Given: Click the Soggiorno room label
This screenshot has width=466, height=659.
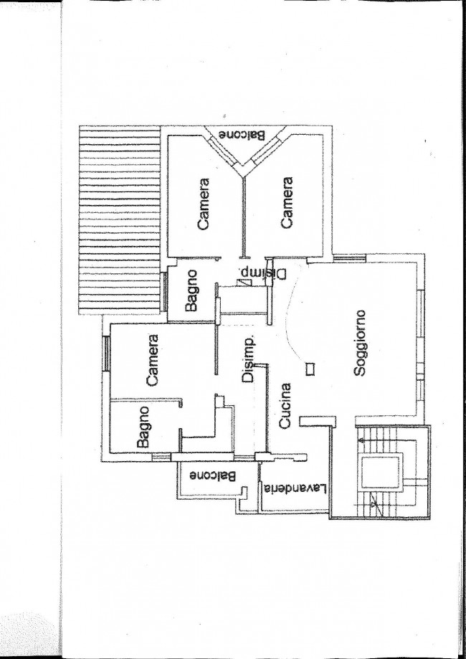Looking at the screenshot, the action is tap(360, 343).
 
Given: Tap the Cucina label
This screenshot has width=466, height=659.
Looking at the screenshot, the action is tap(285, 405).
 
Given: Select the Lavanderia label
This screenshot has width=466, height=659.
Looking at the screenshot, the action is tap(295, 488).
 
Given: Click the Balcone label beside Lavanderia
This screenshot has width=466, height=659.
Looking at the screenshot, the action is tap(212, 476).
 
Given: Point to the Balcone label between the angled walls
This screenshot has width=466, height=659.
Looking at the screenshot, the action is tap(242, 135).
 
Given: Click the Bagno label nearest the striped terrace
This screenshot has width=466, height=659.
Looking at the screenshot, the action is tap(191, 291).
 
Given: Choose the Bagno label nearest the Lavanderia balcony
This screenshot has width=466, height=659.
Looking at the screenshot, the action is tap(143, 427).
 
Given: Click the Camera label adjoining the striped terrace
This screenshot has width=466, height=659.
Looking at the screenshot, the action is tap(204, 204).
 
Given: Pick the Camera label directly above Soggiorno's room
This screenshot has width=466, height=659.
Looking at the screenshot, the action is tap(287, 202).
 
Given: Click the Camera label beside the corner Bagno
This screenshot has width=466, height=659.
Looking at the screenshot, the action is tap(152, 360).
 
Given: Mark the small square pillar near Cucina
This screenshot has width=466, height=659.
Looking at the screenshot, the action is tap(310, 369).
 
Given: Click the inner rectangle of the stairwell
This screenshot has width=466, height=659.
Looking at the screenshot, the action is tap(380, 473).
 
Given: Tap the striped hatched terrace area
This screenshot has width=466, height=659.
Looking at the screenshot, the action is tap(120, 220).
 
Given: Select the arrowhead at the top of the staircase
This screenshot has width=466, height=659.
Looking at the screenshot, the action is tap(361, 440).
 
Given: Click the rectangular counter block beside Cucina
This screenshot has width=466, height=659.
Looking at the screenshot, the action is tap(318, 421).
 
